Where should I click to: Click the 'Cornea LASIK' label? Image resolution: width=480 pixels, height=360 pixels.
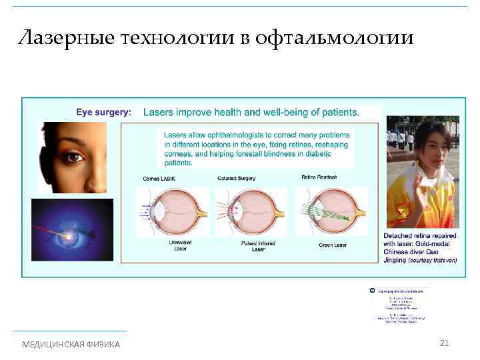coord(160,179)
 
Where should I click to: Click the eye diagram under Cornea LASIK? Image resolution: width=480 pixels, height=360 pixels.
coord(171,211)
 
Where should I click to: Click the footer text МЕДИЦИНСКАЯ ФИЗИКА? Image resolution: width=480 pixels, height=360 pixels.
coord(71,344)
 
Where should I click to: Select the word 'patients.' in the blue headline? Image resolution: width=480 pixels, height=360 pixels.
coord(339,113)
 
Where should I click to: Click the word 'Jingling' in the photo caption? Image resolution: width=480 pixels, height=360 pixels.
coord(395,260)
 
